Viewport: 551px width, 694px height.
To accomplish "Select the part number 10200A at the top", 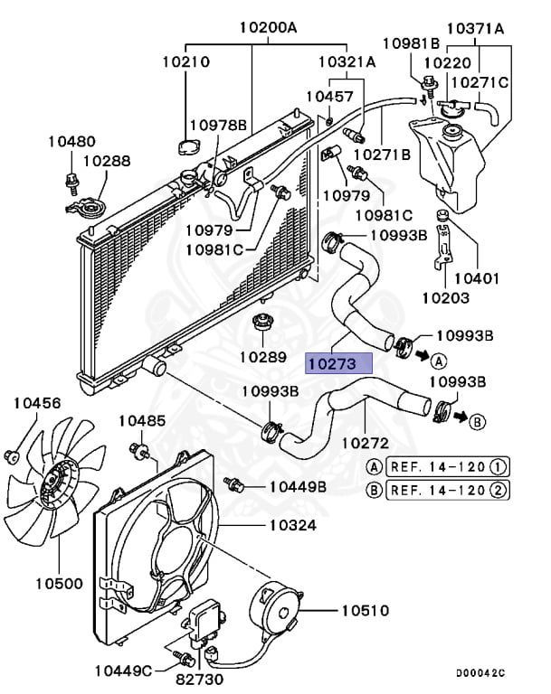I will coord(268,28).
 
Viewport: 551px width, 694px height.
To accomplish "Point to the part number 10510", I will coord(365,610).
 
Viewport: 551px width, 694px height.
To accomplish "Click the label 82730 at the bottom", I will coord(200,678).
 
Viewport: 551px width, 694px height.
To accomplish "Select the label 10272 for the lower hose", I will coord(365,444).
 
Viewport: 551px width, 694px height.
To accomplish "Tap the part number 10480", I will coord(71,142).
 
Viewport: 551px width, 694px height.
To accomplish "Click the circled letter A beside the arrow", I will coord(439,361).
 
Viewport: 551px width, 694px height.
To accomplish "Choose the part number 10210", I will coord(185,62).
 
